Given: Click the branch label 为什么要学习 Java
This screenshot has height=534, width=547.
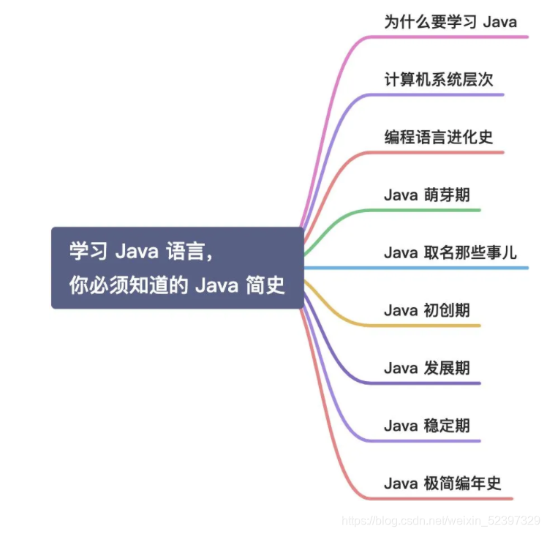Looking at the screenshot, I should [450, 21].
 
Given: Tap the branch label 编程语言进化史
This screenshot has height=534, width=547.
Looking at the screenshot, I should [439, 137].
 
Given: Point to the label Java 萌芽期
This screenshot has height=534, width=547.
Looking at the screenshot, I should [426, 195].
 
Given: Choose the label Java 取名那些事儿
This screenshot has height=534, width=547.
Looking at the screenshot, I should [450, 253].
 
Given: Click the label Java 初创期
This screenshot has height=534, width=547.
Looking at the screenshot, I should [426, 310].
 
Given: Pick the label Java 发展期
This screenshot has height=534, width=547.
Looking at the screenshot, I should [426, 368].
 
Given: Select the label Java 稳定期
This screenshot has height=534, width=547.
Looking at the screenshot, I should [426, 426].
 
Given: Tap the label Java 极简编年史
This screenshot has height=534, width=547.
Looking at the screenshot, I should [443, 484].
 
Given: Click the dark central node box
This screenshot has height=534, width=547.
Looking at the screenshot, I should [177, 268].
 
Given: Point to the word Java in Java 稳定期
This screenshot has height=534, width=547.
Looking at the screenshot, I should [400, 426].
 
